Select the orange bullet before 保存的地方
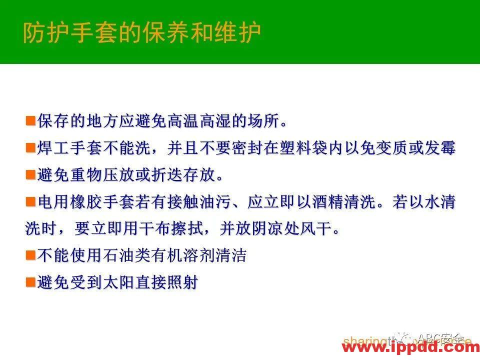[30, 121]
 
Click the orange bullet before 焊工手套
[30, 147]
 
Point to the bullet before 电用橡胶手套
[30, 202]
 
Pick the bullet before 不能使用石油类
[30, 255]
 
